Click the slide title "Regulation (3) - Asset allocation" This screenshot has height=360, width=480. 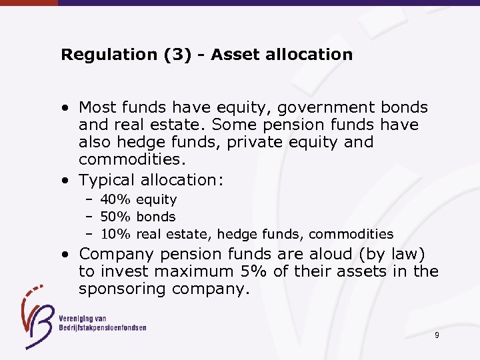tap(207, 55)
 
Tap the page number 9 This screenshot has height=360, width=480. tap(437, 335)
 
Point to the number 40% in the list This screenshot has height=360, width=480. tap(116, 199)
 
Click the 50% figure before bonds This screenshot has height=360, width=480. tap(116, 217)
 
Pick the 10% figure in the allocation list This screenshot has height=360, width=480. tap(116, 234)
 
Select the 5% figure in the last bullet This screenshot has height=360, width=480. tap(247, 271)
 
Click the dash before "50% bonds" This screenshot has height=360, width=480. tap(89, 217)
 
